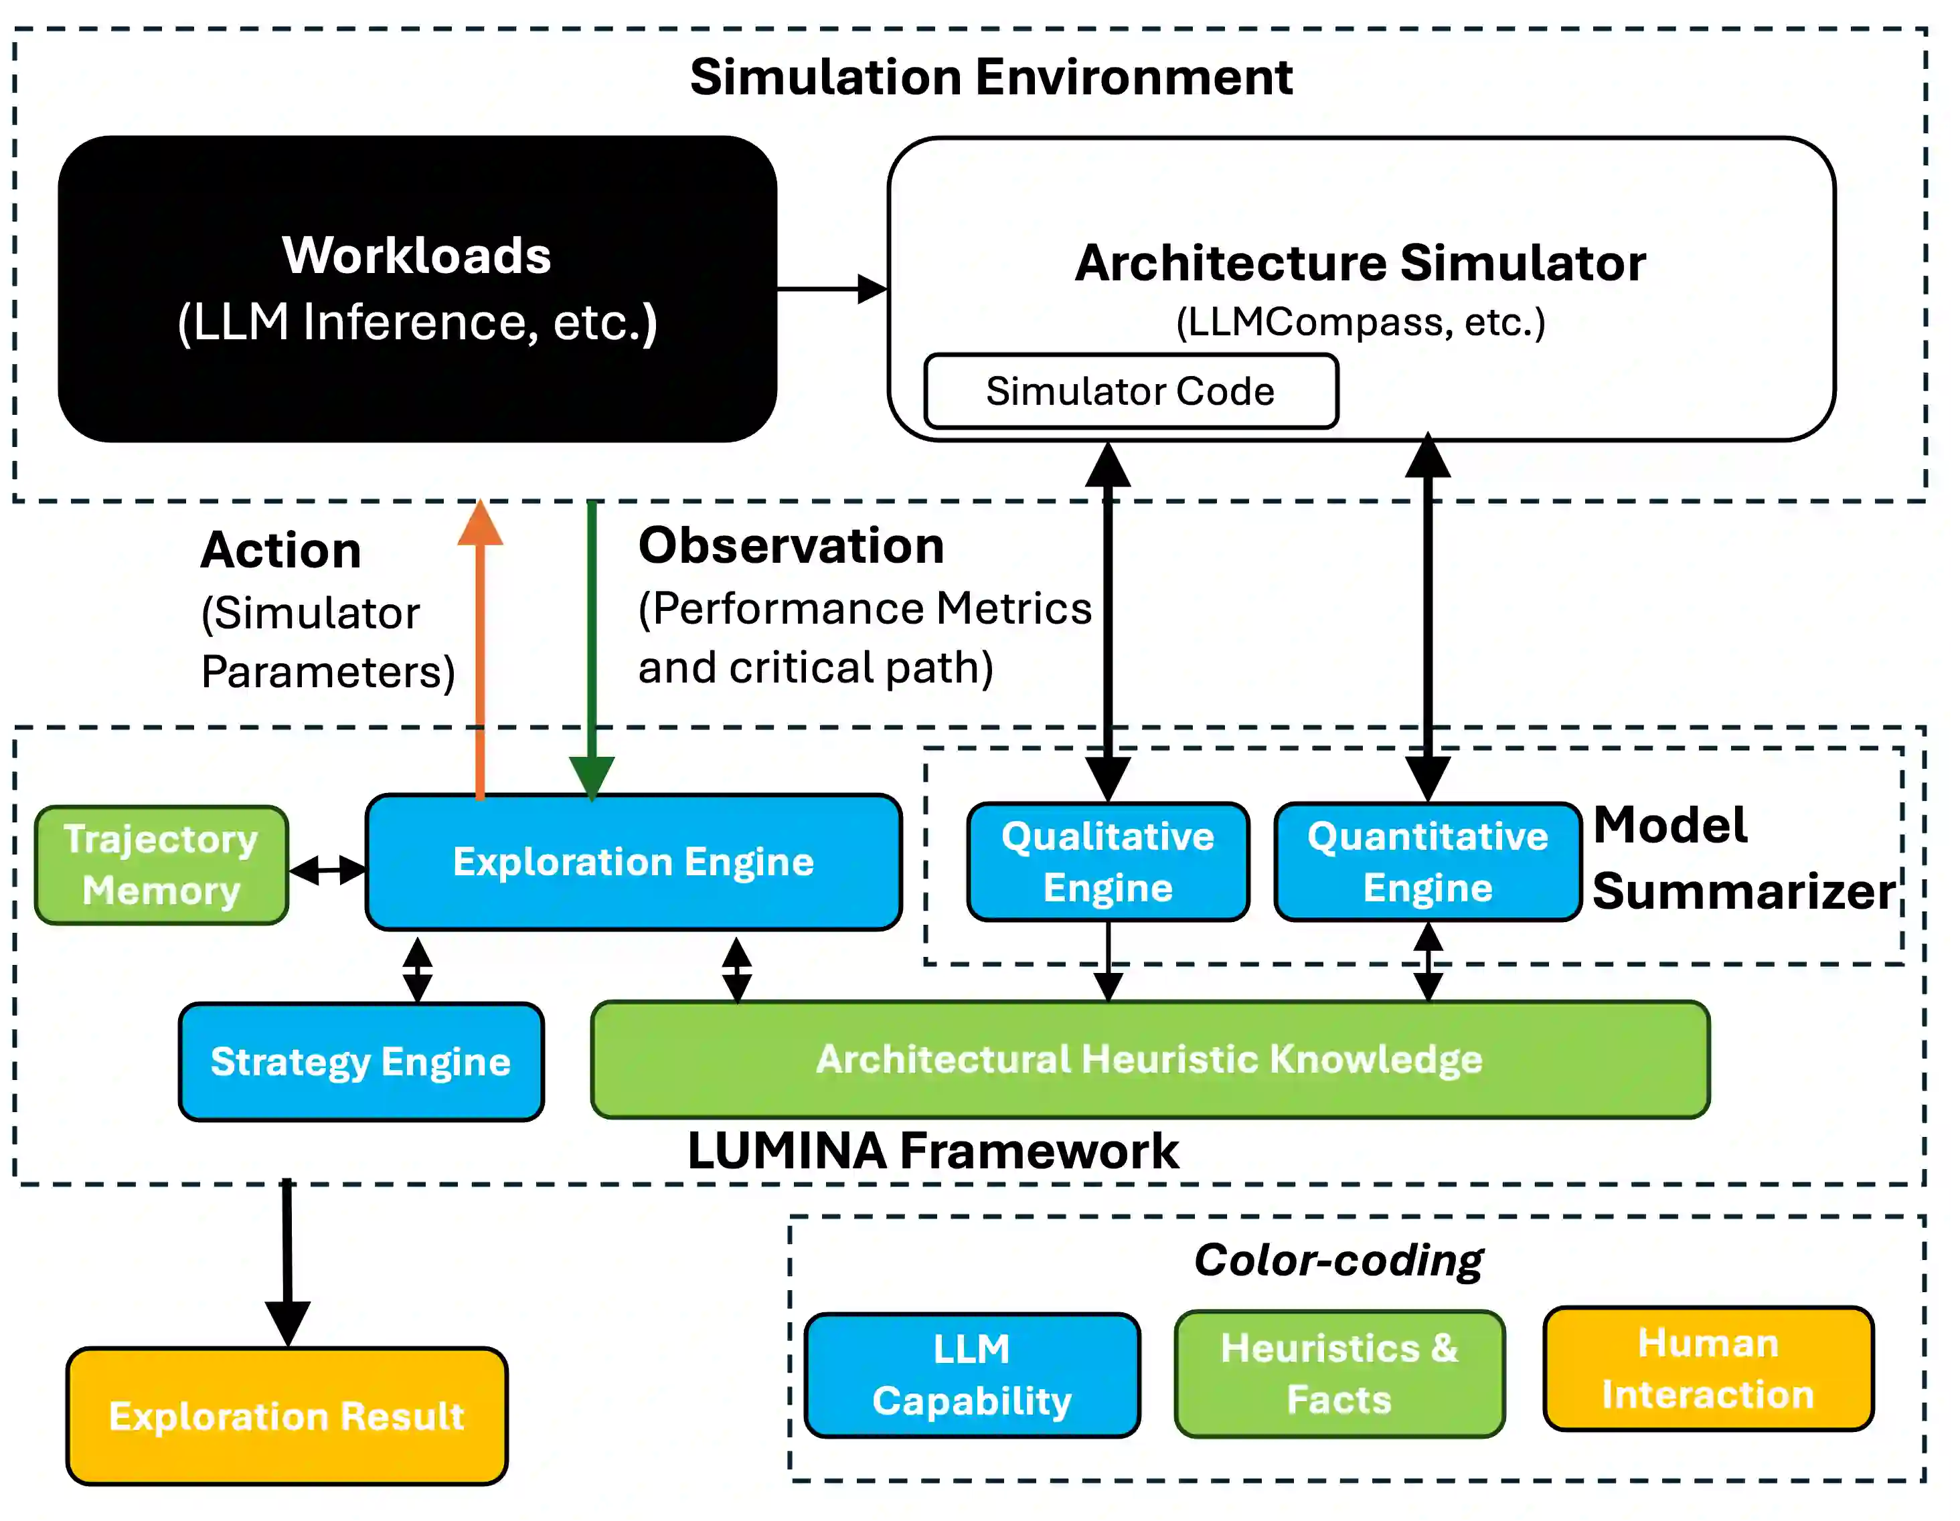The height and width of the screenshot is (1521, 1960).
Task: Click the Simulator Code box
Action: click(x=1131, y=391)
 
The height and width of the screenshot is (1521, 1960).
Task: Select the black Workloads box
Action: click(x=417, y=289)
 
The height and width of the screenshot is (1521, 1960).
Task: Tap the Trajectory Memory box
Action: click(x=161, y=865)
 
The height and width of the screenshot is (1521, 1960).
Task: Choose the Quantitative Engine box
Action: click(x=1427, y=861)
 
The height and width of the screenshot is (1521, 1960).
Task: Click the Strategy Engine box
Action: click(x=361, y=1061)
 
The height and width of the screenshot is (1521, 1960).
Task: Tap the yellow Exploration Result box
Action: click(x=287, y=1416)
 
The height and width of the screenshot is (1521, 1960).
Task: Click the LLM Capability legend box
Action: click(x=972, y=1374)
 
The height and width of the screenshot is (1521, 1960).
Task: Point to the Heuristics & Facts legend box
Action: click(x=1339, y=1374)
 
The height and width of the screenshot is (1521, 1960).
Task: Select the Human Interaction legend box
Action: click(x=1708, y=1368)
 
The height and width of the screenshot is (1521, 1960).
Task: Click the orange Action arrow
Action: click(x=480, y=646)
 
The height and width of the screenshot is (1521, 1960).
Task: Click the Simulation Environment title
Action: click(x=991, y=77)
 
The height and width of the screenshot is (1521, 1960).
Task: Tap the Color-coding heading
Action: click(x=1338, y=1260)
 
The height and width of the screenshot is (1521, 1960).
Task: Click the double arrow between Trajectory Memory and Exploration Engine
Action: click(x=327, y=869)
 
